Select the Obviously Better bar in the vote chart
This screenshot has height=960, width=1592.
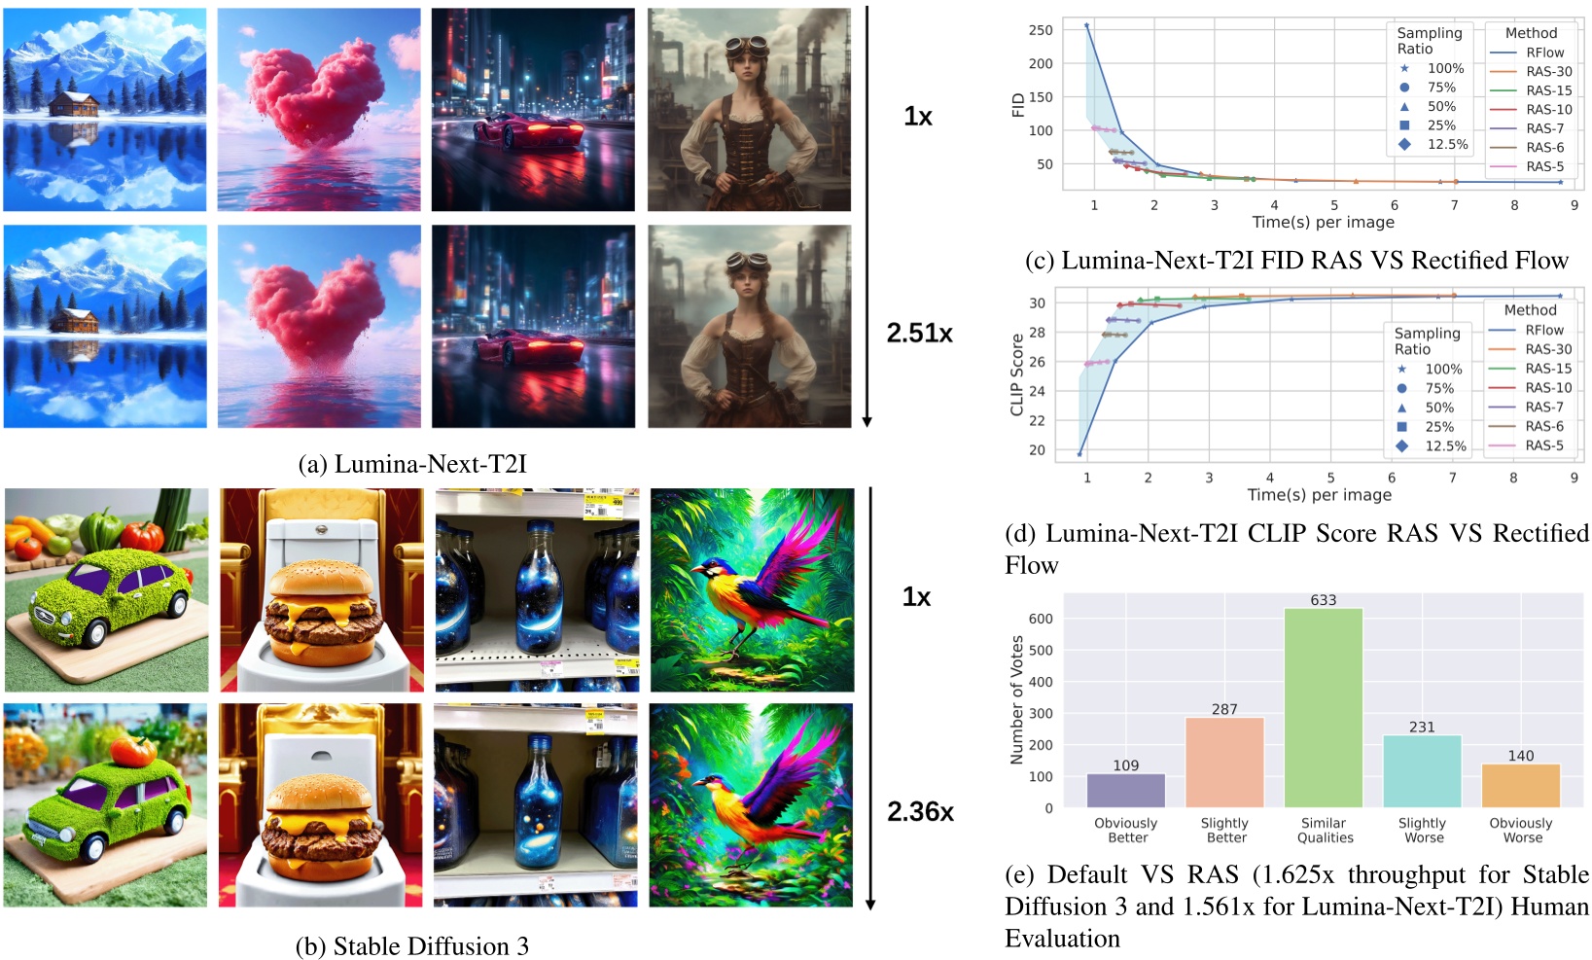coord(1125,790)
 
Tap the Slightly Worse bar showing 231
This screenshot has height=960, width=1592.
coord(1422,770)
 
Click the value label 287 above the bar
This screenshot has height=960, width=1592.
coord(1224,709)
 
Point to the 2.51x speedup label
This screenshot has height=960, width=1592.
coord(919,333)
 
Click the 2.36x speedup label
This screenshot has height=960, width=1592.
coord(920,811)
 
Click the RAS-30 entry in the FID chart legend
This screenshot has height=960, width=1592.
coord(1547,71)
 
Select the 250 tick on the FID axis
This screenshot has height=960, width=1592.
coord(1041,30)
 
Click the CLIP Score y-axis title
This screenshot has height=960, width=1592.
coord(1017,374)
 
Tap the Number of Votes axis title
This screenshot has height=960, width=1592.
coord(1017,699)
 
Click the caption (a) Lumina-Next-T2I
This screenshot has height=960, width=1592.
coord(411,464)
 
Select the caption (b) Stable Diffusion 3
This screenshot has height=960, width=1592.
coord(411,946)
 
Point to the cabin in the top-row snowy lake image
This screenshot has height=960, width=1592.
coord(74,103)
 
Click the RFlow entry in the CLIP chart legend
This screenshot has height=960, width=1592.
coord(1543,330)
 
